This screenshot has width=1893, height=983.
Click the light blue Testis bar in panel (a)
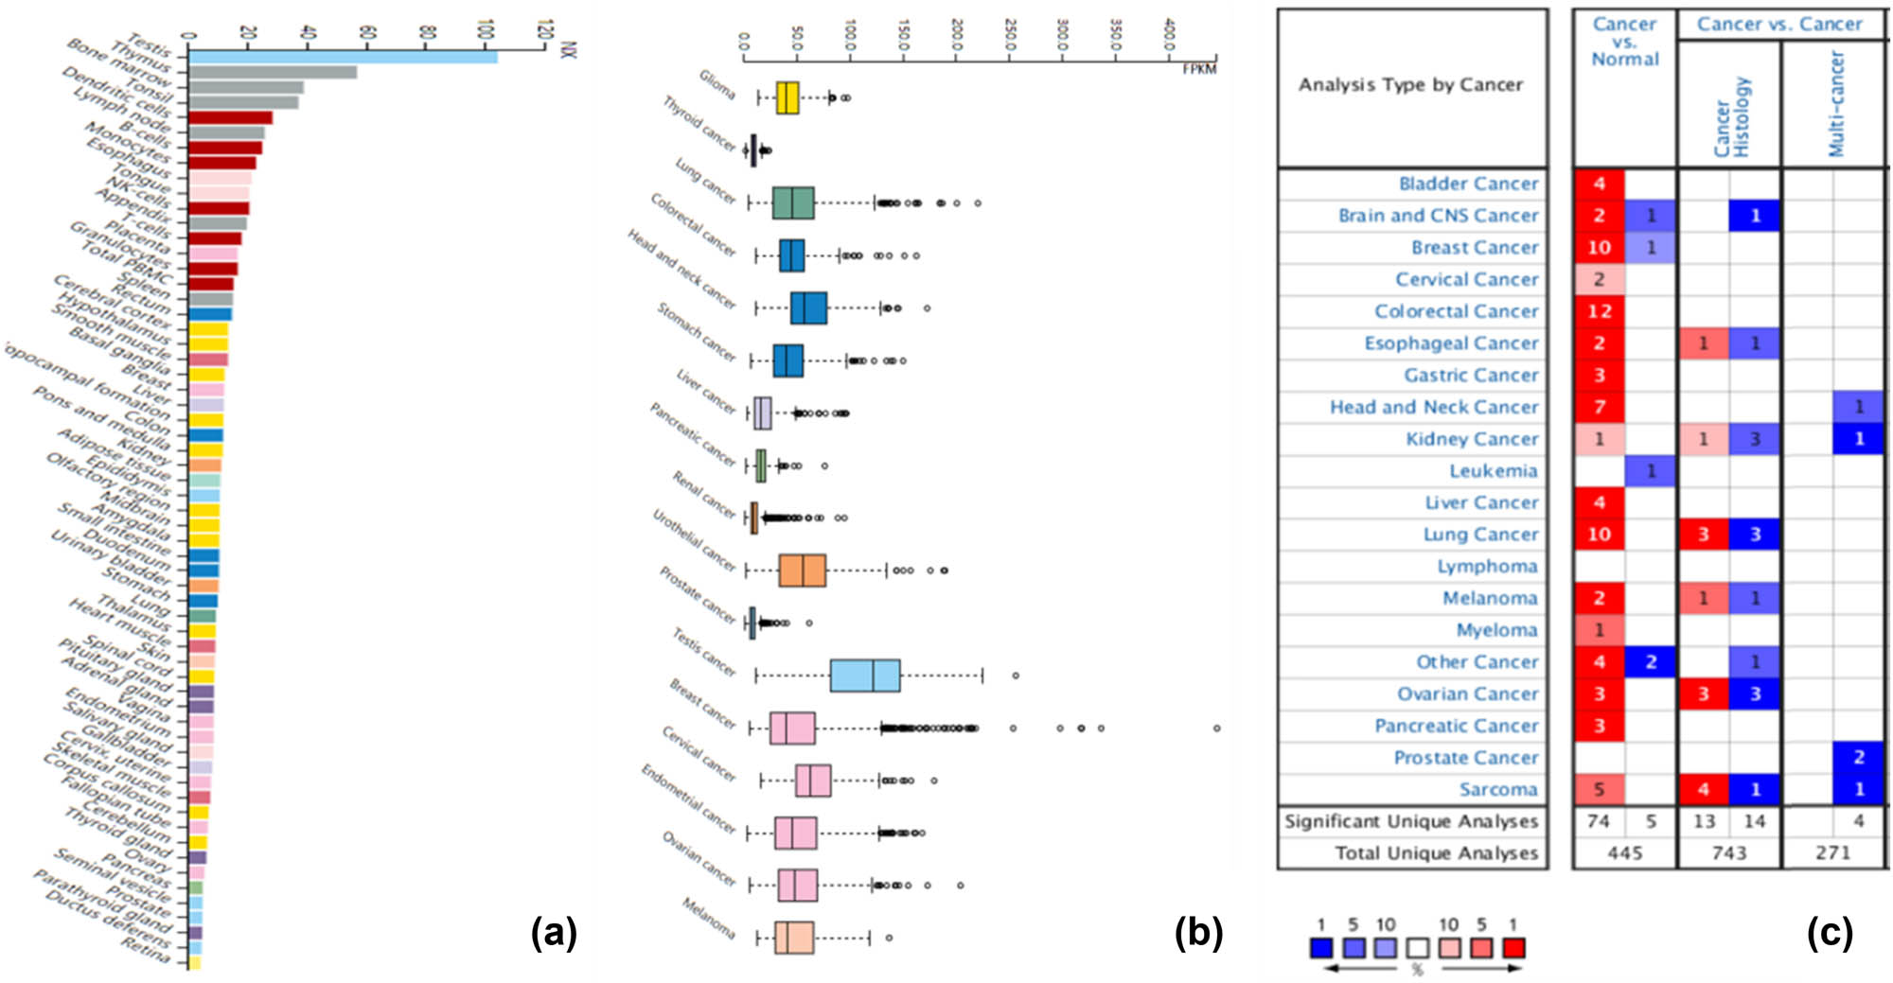pyautogui.click(x=341, y=58)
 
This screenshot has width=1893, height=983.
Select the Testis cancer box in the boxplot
pyautogui.click(x=865, y=676)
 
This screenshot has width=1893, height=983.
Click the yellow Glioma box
pyautogui.click(x=787, y=97)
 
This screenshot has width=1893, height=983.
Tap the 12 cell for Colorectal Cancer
pyautogui.click(x=1600, y=311)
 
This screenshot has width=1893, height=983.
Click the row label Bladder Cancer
pyautogui.click(x=1468, y=184)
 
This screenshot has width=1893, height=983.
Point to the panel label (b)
pyautogui.click(x=1198, y=932)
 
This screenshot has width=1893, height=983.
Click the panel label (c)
pyautogui.click(x=1829, y=932)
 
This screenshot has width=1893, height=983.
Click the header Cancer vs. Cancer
pyautogui.click(x=1778, y=25)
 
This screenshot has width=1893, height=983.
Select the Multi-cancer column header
pyautogui.click(x=1836, y=104)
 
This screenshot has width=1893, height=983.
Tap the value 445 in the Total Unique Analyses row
pyautogui.click(x=1624, y=852)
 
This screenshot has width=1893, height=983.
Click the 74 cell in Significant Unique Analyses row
pyautogui.click(x=1598, y=821)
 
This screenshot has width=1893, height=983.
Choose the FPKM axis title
pyautogui.click(x=1199, y=69)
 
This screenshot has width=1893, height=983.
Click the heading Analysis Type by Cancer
pyautogui.click(x=1410, y=85)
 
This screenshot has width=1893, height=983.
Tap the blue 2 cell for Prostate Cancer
pyautogui.click(x=1858, y=757)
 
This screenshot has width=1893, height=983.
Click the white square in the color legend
pyautogui.click(x=1417, y=948)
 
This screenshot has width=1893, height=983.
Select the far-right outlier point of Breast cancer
pyautogui.click(x=1216, y=728)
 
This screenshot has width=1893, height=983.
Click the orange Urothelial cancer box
pyautogui.click(x=803, y=570)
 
